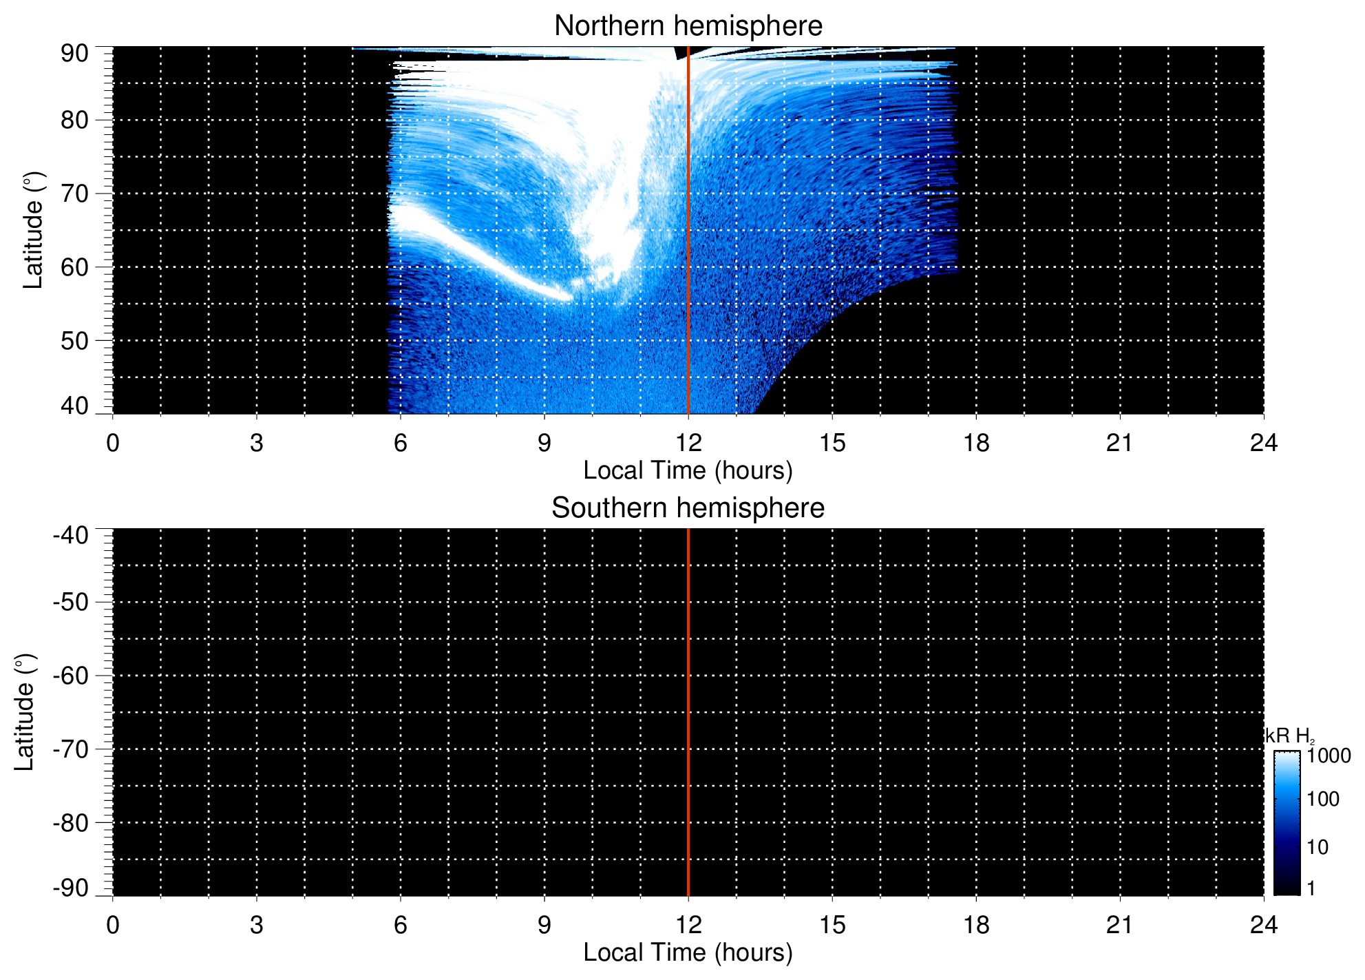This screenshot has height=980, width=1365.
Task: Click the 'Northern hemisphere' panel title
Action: (x=688, y=26)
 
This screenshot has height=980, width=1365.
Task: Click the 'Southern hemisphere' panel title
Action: (x=688, y=508)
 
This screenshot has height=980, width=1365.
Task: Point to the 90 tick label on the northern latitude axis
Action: (x=74, y=54)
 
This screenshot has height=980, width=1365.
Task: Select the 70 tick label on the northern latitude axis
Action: (x=74, y=194)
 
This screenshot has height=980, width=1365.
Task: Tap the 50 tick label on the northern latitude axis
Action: (x=74, y=341)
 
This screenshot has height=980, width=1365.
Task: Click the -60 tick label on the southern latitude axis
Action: (x=70, y=676)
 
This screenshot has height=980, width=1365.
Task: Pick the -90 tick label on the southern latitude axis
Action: (x=70, y=888)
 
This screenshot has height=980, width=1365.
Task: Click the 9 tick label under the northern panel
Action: (x=544, y=443)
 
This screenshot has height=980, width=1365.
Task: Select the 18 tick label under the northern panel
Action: (x=976, y=443)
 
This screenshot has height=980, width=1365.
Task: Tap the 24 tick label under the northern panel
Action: (x=1263, y=443)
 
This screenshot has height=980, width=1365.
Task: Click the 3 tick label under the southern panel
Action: (x=257, y=925)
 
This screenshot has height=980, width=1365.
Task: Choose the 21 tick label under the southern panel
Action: (x=1120, y=925)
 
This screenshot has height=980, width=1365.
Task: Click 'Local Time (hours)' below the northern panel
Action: (x=688, y=470)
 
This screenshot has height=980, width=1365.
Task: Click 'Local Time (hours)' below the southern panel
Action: (x=688, y=952)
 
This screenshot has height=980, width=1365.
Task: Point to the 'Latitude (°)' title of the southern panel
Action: (x=25, y=712)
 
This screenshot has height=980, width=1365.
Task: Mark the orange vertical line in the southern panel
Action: (x=688, y=712)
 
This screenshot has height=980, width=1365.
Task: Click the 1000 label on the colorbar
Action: (x=1329, y=756)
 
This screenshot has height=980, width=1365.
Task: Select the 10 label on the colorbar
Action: (x=1318, y=847)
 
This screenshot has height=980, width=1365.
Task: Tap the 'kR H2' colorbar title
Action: (x=1289, y=736)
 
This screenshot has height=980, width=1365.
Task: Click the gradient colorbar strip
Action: (x=1287, y=823)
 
